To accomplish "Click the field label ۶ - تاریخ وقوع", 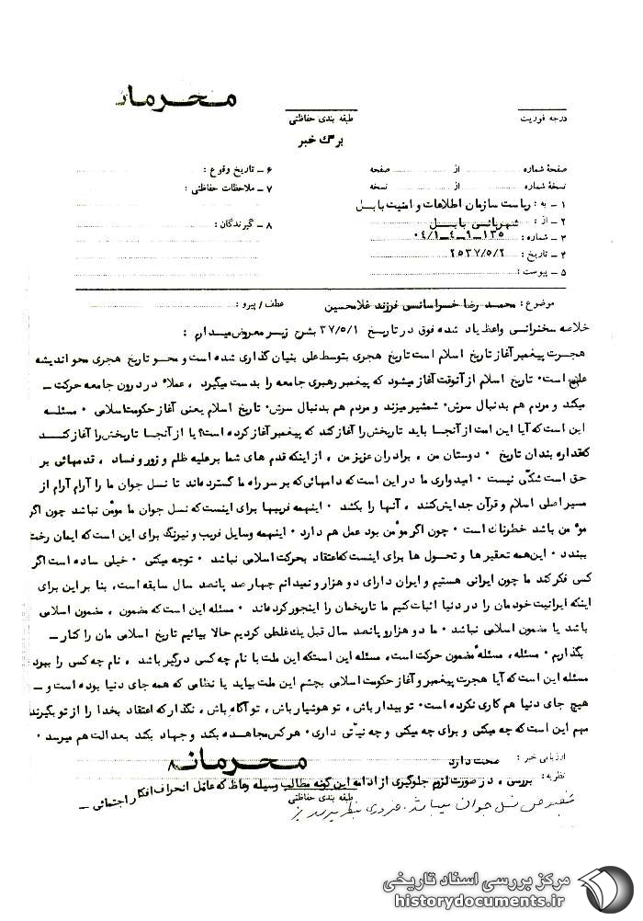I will (x=236, y=171).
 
